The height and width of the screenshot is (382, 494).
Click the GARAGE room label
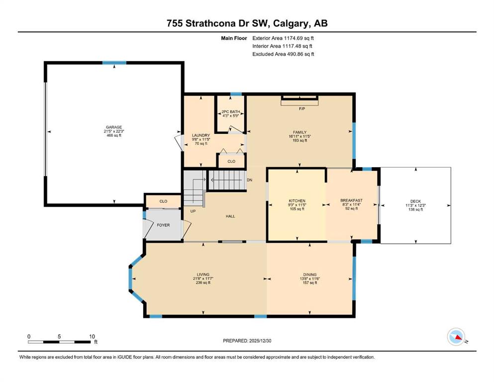114,127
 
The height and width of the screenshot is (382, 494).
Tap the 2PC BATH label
231,112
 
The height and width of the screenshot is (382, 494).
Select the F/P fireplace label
302,108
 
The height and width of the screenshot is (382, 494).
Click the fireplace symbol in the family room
299,100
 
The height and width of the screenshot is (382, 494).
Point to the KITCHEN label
297,200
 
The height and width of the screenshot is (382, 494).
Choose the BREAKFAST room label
351,200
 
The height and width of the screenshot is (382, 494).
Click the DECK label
415,201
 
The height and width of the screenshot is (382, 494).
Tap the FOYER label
163,225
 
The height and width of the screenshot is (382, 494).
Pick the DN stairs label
250,180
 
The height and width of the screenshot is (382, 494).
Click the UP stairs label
193,211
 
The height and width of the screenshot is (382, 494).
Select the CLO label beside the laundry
231,161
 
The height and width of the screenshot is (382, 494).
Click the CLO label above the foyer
163,201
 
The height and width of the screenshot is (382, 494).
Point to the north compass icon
456,337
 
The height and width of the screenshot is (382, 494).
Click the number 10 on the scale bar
92,336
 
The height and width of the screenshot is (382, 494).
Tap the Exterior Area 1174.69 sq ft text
283,38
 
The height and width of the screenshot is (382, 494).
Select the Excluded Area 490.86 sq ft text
283,54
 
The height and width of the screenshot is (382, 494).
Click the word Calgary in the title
291,23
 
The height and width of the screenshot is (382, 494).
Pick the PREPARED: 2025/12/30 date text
247,341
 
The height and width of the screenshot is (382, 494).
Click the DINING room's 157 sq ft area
310,283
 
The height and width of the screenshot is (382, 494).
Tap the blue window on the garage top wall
114,63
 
